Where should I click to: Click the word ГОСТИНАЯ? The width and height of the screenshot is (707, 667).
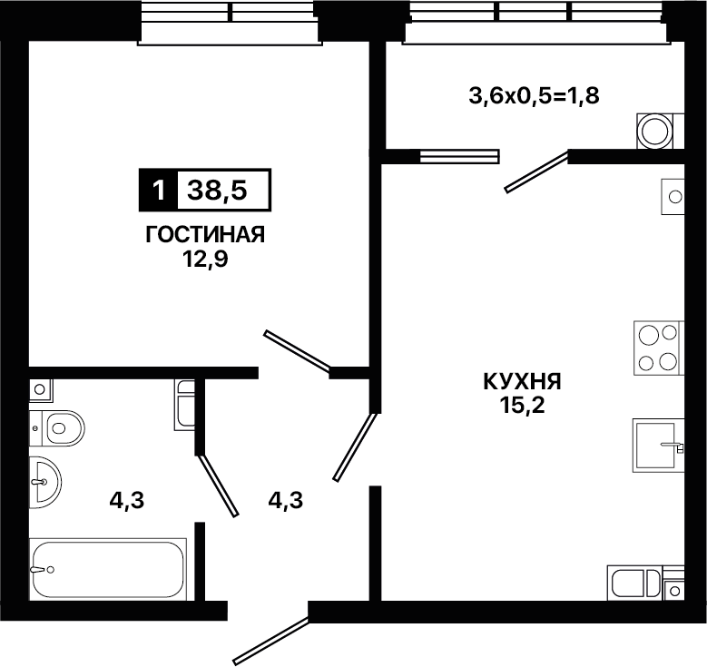pyautogui.click(x=205, y=235)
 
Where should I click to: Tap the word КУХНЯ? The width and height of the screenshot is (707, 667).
pyautogui.click(x=522, y=382)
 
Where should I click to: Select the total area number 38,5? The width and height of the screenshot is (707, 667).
pyautogui.click(x=217, y=191)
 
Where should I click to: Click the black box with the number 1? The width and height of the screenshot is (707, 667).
pyautogui.click(x=158, y=191)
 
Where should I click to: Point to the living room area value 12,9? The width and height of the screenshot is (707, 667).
pyautogui.click(x=205, y=260)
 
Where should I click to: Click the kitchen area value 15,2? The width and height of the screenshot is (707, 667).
pyautogui.click(x=522, y=406)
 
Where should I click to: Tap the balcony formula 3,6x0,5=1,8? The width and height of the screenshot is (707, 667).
pyautogui.click(x=534, y=96)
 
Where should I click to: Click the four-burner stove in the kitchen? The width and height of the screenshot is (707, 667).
pyautogui.click(x=659, y=348)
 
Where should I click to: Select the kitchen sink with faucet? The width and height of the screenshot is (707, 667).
pyautogui.click(x=658, y=446)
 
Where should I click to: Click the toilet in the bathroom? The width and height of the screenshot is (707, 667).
pyautogui.click(x=57, y=428)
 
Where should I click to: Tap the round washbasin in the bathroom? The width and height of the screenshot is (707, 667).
pyautogui.click(x=45, y=482)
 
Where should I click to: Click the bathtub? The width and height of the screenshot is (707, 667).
pyautogui.click(x=108, y=569)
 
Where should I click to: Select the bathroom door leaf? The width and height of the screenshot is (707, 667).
pyautogui.click(x=218, y=486)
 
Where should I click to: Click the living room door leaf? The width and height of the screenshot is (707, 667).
pyautogui.click(x=298, y=351)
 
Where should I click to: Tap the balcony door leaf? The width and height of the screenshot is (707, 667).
pyautogui.click(x=536, y=172)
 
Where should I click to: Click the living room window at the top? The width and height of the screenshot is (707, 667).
pyautogui.click(x=230, y=22)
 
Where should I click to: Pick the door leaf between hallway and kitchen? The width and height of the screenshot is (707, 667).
pyautogui.click(x=355, y=447)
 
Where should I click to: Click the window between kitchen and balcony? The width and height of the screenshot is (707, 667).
pyautogui.click(x=459, y=156)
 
